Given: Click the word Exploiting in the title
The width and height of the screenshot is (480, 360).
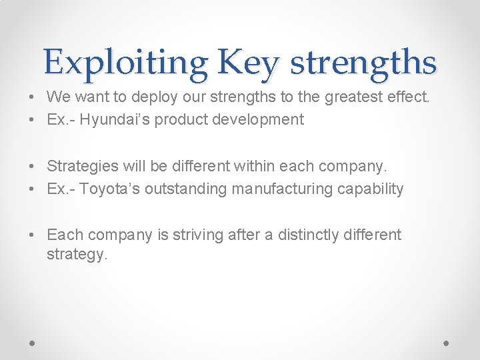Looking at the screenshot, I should pos(126,63).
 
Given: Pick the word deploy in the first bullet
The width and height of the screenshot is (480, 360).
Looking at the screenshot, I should pos(153,97).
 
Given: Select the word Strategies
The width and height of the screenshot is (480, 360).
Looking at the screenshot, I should pos(81,167).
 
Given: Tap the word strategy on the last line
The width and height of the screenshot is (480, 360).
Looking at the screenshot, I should pos(75,254).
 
